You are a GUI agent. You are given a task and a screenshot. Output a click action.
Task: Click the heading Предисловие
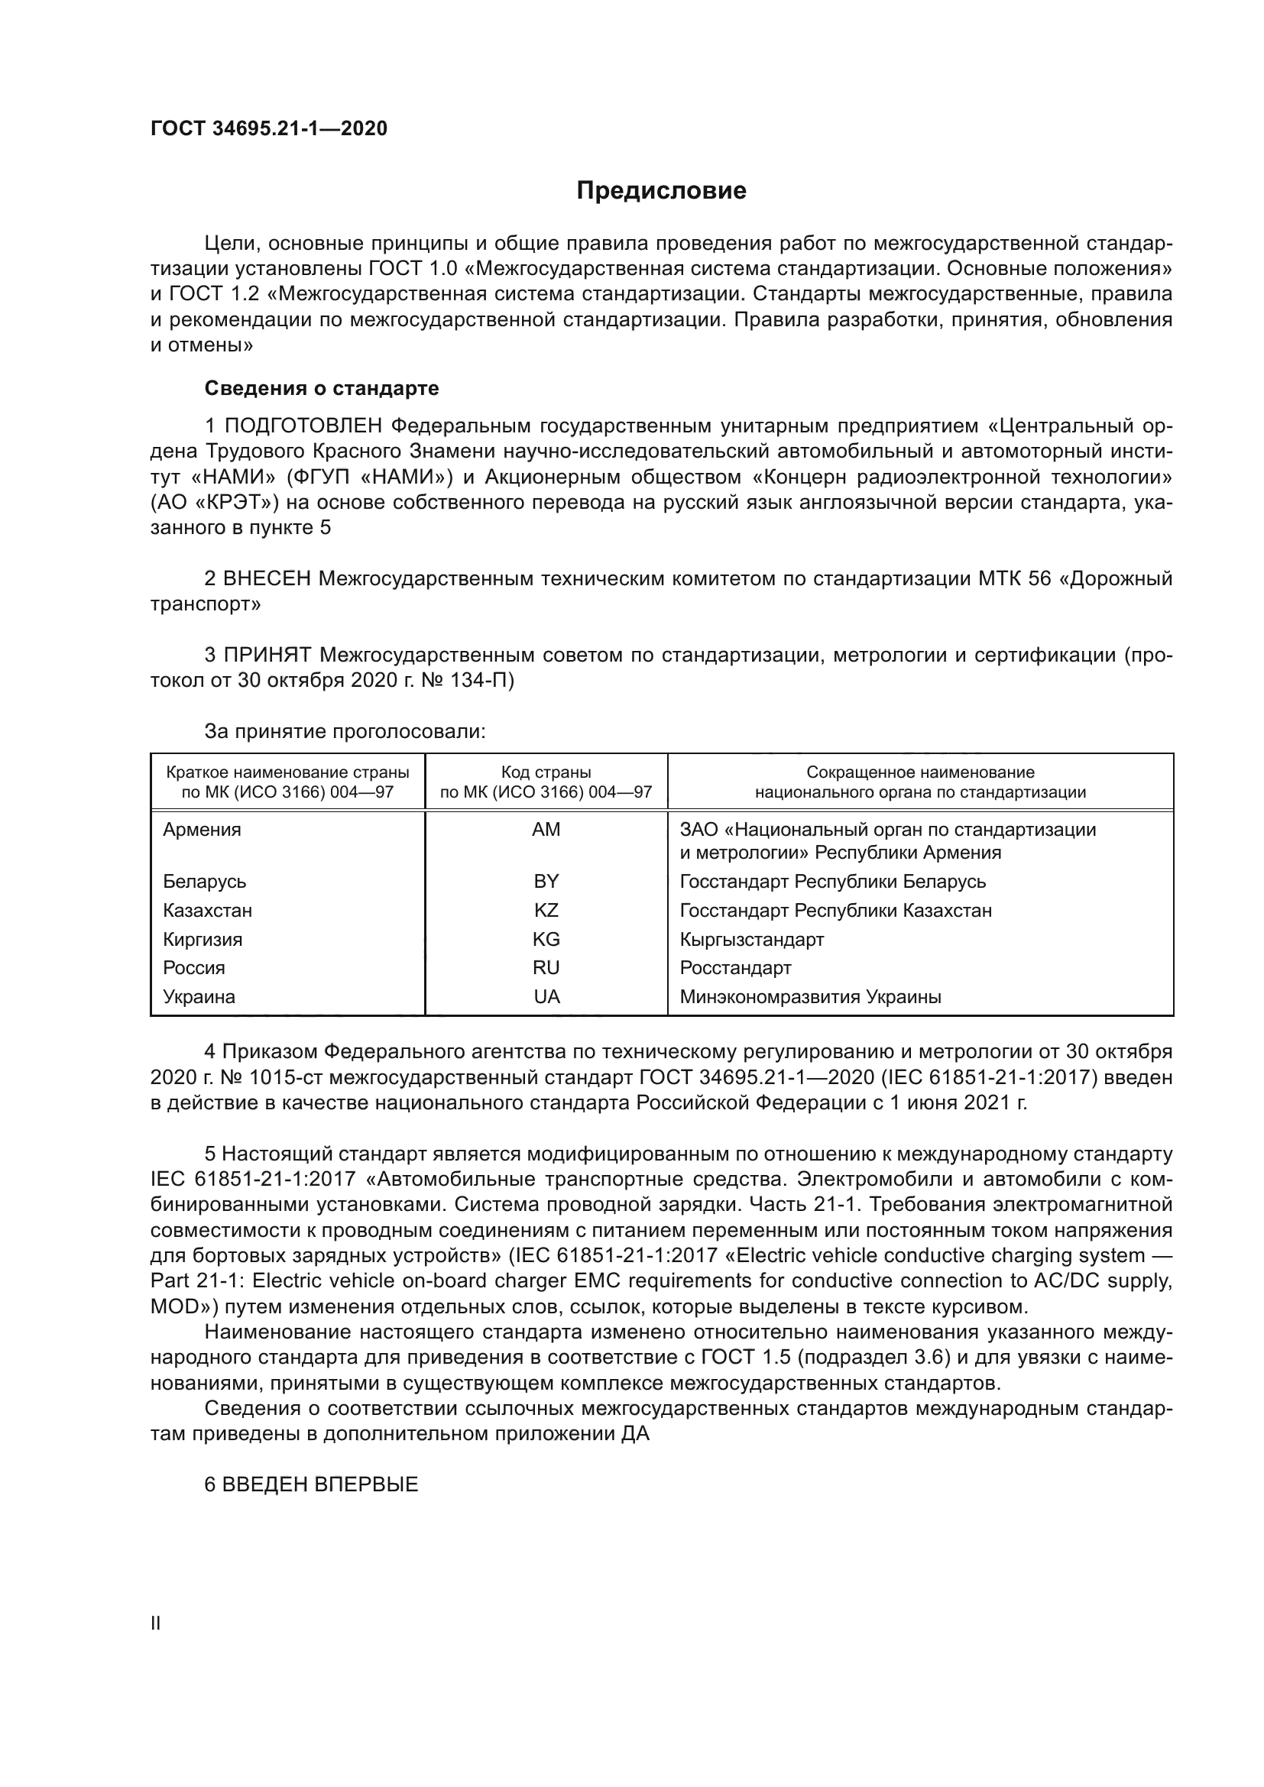coord(661,191)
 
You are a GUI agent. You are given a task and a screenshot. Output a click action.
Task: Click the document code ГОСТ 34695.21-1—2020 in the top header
coord(268,128)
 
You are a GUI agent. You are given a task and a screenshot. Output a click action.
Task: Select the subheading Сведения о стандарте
coord(322,387)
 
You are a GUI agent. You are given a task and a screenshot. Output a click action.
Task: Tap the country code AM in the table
coord(546,830)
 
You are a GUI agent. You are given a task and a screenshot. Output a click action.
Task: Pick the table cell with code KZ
coord(546,910)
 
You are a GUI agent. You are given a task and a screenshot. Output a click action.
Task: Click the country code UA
coord(546,996)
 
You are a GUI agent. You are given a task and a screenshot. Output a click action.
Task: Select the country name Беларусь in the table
coord(205,881)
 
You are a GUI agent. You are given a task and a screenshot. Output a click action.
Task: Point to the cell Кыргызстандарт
coord(751,940)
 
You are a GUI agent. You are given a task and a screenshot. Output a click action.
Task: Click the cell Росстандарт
coord(734,967)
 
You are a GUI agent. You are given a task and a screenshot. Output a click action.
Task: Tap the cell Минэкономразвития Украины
coord(810,996)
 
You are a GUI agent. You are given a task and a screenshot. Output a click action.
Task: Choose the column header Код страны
coord(546,772)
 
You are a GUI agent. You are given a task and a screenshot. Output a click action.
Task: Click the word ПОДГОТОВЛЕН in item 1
coord(303,426)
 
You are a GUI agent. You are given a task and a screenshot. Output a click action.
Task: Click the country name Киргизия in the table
coord(203,940)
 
